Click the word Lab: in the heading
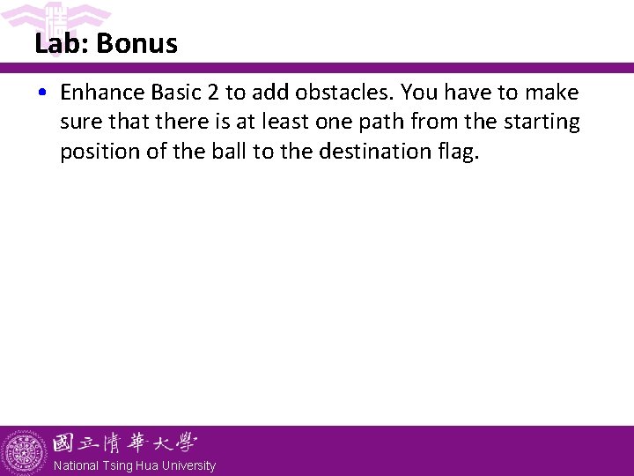pos(63,44)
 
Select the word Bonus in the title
pos(137,44)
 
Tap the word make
pos(552,93)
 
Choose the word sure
pos(79,122)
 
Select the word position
pos(96,152)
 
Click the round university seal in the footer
pos(24,452)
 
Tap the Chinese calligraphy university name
pos(124,443)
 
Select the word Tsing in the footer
pos(117,465)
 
